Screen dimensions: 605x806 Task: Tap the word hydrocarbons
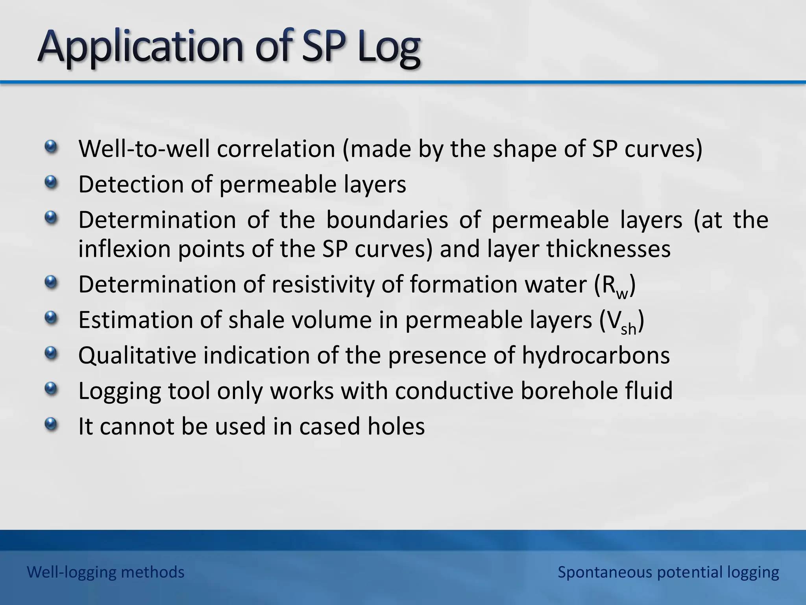tap(596, 355)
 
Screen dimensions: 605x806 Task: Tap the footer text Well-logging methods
tap(105, 572)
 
